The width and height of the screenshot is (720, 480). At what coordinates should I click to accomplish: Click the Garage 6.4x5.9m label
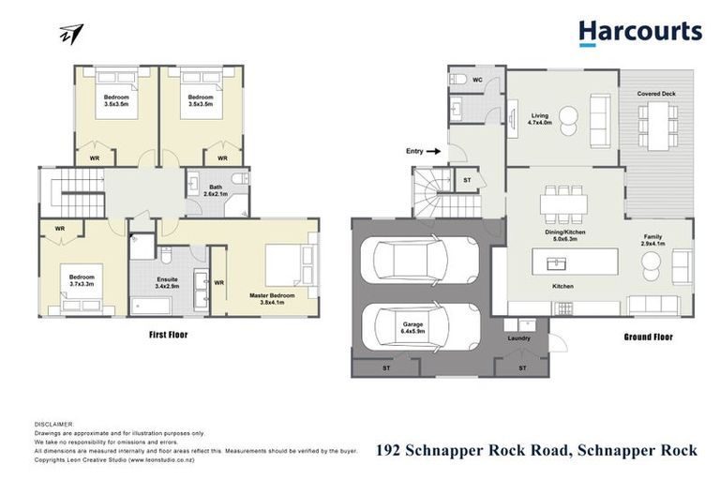click(x=414, y=328)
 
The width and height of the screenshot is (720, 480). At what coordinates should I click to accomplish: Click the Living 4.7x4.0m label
click(x=539, y=117)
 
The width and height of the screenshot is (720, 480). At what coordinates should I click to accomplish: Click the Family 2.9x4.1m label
click(x=652, y=241)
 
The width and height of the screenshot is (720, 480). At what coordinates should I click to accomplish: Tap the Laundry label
click(x=518, y=337)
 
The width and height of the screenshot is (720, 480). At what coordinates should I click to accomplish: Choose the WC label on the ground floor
click(x=477, y=80)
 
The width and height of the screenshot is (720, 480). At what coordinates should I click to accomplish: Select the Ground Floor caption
click(x=649, y=336)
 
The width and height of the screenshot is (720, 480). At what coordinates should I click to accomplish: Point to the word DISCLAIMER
click(x=52, y=424)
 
